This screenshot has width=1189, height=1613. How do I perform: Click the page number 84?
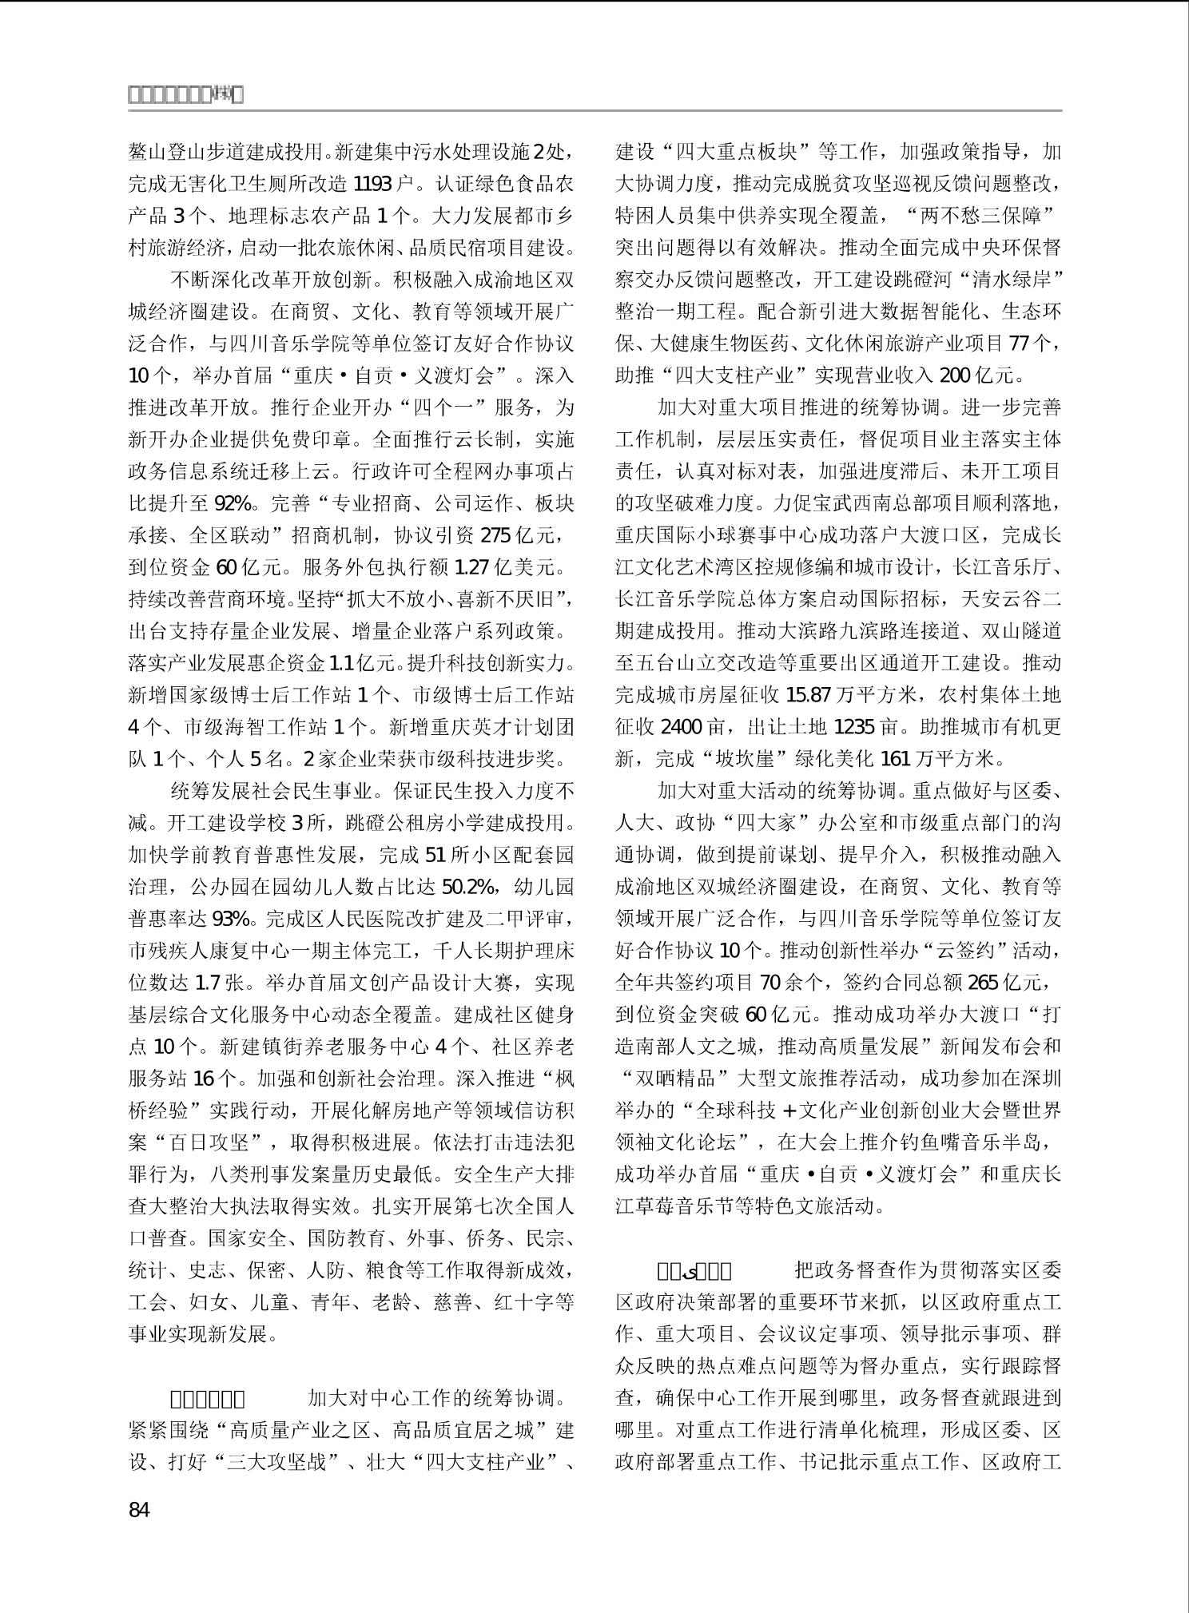(139, 1509)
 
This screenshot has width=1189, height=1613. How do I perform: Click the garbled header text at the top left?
(185, 95)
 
